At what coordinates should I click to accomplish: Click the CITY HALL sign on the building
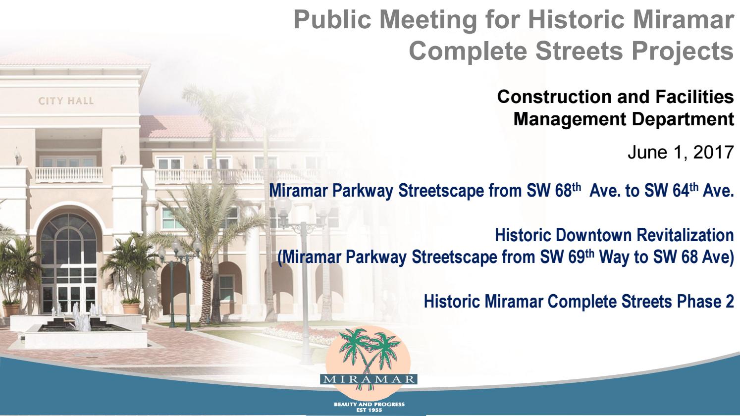click(66, 101)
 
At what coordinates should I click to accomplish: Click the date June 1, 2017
click(680, 153)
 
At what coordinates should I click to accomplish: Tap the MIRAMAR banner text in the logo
click(370, 380)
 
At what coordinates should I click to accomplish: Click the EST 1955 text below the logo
click(370, 410)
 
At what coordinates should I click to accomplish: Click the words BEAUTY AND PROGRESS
click(370, 405)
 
